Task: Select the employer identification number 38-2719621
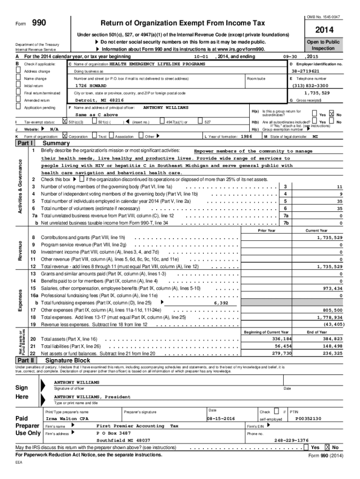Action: coord(316,71)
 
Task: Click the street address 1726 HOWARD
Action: coord(91,86)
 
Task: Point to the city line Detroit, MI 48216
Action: coord(100,100)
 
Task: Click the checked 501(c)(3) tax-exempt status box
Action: coord(65,122)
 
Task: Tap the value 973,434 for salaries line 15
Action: coord(331,288)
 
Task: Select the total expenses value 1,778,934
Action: coord(330,317)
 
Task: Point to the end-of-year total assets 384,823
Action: coord(332,339)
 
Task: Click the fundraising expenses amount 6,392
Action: coord(221,303)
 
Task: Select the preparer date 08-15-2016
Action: coord(221,418)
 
